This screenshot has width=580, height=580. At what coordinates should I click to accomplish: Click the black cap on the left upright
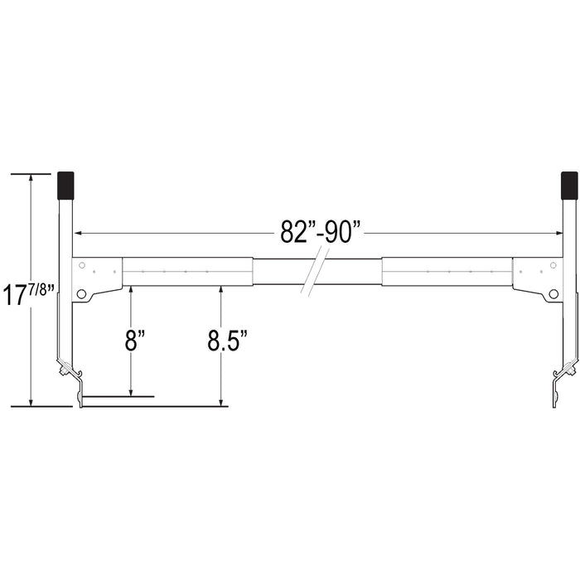65,186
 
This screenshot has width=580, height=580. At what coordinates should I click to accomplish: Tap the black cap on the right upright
569,186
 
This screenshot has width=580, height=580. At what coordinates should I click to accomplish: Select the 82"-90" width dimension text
321,233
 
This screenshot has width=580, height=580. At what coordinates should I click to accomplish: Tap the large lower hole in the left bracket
82,293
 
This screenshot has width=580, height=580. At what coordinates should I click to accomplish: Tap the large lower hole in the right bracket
553,293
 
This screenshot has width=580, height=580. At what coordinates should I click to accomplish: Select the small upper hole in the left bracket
82,265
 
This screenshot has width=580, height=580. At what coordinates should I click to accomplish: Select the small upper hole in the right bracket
553,265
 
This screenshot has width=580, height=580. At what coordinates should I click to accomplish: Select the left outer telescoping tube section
187,272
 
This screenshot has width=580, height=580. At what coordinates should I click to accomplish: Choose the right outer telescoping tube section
447,272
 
